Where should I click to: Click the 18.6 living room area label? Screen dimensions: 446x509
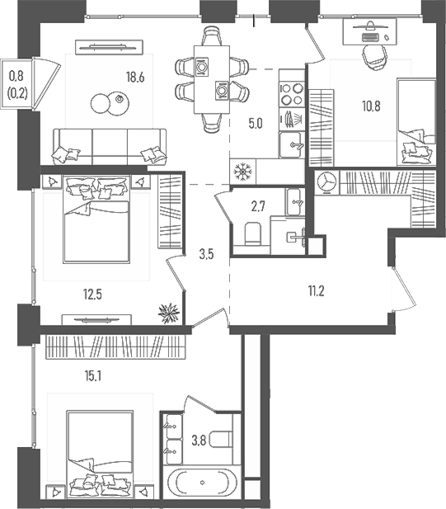135,78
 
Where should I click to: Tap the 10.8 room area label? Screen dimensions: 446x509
371,106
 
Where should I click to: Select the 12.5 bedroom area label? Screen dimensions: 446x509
93,295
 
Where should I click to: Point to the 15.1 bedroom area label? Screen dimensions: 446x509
93,376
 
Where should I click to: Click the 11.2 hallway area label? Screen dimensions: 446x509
316,291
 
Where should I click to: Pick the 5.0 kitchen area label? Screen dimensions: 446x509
256,124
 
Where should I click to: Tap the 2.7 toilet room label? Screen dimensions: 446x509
258,205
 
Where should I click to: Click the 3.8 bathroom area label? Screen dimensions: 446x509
199,441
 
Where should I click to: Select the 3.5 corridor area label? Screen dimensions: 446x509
207,254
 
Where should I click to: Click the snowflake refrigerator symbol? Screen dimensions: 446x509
242,171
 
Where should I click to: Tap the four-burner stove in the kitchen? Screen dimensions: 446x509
292,95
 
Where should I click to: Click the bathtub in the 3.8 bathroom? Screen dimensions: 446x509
202,483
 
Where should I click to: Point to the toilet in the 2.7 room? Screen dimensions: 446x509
252,233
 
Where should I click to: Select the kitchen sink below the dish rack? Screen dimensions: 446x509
291,144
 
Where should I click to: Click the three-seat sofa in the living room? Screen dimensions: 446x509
110,146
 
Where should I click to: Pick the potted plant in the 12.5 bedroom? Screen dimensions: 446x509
169,313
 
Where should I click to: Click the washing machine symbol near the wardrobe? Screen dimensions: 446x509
326,182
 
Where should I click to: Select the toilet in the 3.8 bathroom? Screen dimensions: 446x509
221,439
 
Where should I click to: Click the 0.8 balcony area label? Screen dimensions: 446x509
16,76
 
